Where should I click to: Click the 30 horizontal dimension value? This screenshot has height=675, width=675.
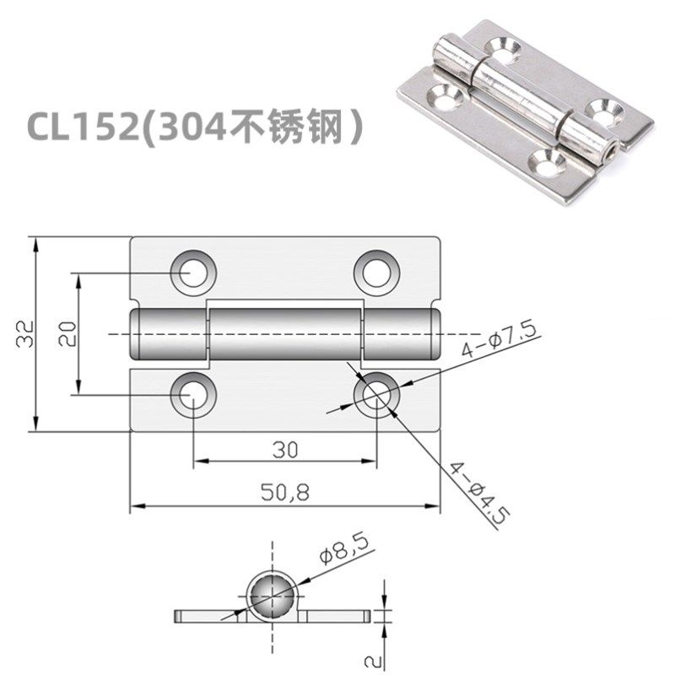[285, 450]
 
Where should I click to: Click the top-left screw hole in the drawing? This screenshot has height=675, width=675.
[193, 272]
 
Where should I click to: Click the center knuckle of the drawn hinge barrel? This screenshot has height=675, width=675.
[285, 334]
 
